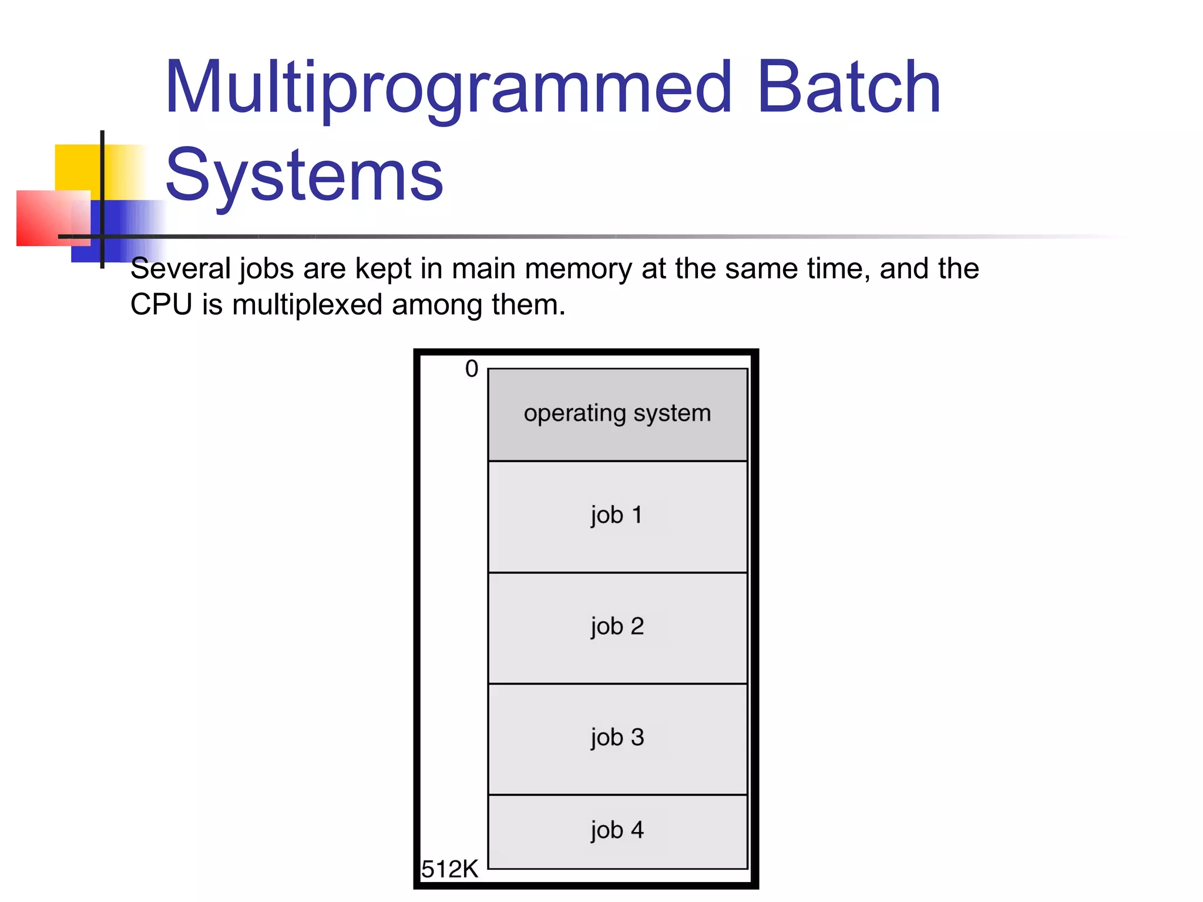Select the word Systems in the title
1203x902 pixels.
click(x=304, y=175)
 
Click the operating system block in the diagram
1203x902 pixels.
click(x=617, y=414)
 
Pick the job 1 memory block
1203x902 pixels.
click(x=617, y=516)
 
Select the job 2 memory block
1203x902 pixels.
click(x=617, y=627)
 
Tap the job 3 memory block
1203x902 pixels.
click(x=617, y=738)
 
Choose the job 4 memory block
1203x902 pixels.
click(x=617, y=831)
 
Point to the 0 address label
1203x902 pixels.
click(x=472, y=369)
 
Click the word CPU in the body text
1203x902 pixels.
click(x=161, y=305)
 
